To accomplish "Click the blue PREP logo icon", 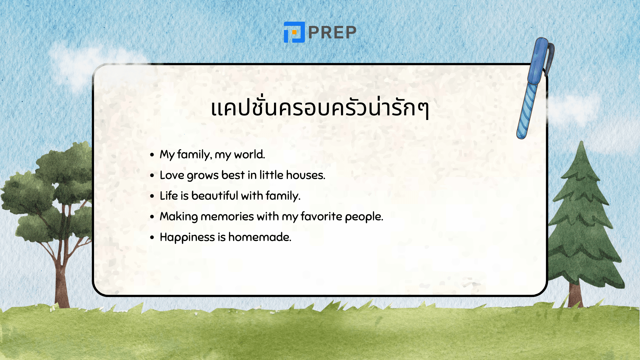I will (294, 32).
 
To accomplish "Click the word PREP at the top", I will (332, 33).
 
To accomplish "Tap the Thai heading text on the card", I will (320, 108).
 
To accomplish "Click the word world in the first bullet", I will (249, 155).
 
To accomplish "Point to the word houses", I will (305, 175).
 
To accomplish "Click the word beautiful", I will (215, 196).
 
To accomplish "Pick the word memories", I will (227, 217).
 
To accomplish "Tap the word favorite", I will (321, 217).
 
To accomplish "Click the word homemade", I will (259, 237).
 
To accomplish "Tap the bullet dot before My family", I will (152, 155).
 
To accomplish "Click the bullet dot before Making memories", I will (152, 217).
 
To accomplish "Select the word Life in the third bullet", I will (169, 196).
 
